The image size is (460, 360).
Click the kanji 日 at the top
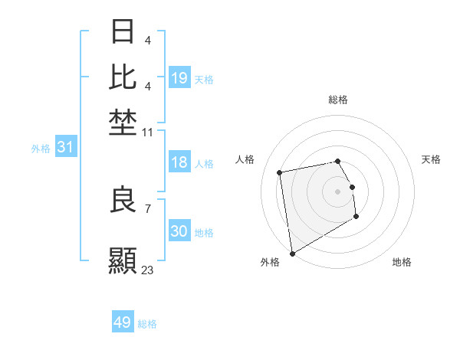coord(123,32)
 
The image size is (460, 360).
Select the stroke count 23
coord(147,270)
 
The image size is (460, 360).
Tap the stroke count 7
coord(147,208)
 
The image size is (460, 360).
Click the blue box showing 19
coord(179,78)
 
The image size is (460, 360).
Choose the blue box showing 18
coord(179,163)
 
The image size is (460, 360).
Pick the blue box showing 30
coord(179,231)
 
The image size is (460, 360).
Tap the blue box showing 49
coord(123,322)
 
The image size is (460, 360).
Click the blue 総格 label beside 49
coord(147,324)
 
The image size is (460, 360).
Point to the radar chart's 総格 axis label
coord(337,100)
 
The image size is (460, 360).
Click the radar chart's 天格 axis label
coord(431,159)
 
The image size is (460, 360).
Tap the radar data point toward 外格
coord(292,254)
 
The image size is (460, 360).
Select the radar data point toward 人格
coord(280,172)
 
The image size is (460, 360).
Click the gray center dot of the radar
coord(337,191)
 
